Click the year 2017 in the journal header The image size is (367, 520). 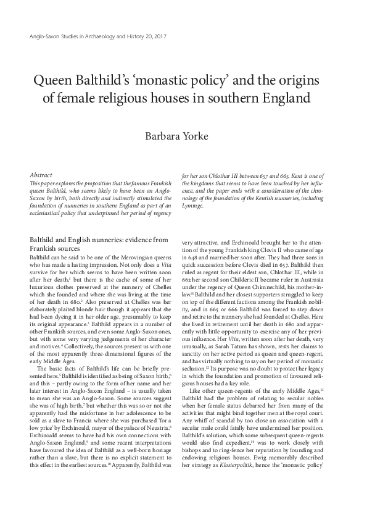(159, 36)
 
